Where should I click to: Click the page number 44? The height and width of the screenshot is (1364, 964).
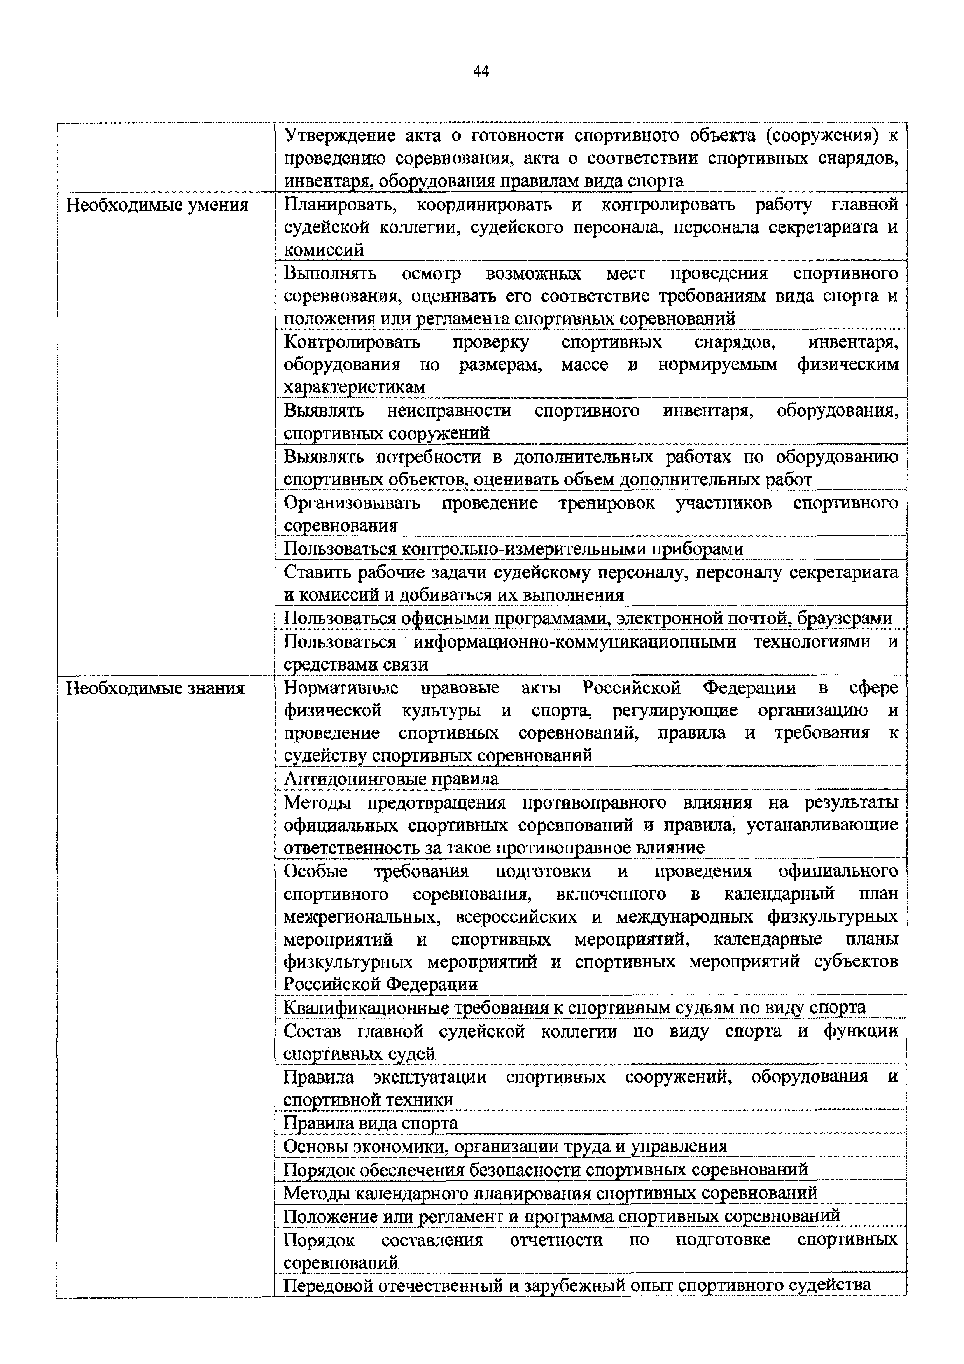(481, 71)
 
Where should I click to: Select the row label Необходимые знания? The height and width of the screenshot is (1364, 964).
(155, 688)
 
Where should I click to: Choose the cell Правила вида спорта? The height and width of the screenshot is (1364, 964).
(371, 1123)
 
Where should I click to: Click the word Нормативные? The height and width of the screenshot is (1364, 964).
(341, 688)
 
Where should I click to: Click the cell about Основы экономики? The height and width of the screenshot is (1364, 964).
(505, 1146)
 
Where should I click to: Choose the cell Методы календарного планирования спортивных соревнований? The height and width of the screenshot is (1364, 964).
(550, 1192)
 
